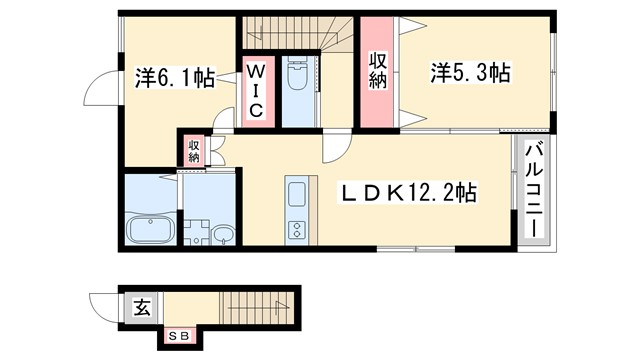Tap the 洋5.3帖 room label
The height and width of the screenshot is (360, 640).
coord(471,72)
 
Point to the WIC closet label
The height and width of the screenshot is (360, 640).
coord(256,91)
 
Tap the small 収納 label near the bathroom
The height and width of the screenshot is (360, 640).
coord(191,149)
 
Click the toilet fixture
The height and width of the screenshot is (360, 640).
coord(298,77)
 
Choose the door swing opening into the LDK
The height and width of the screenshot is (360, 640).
coord(334,151)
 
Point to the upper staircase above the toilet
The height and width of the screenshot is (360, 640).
coord(300,32)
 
